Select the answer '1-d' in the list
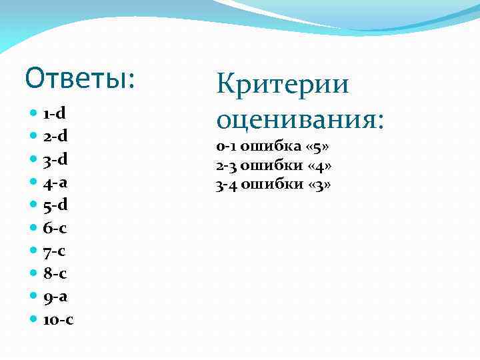tap(55, 113)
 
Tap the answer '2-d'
tap(55, 137)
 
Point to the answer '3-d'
tap(55, 159)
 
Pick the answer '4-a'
tap(55, 182)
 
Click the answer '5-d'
tap(55, 205)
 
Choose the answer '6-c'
tap(55, 228)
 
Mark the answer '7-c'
tap(55, 251)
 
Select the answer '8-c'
tap(55, 273)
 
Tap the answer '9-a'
tap(55, 296)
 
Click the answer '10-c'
tap(59, 319)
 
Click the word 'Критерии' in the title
tap(283, 85)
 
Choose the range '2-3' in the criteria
tap(226, 165)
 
